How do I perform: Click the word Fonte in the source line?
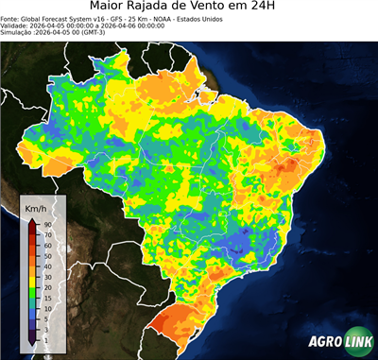[x=11, y=23]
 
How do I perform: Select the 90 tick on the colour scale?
[x=46, y=224]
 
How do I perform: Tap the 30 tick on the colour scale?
[x=46, y=276]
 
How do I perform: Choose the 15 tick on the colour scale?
[x=46, y=297]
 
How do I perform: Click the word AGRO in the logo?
[x=325, y=342]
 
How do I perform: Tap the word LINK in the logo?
[x=357, y=342]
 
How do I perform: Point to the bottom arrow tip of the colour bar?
[x=31, y=344]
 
